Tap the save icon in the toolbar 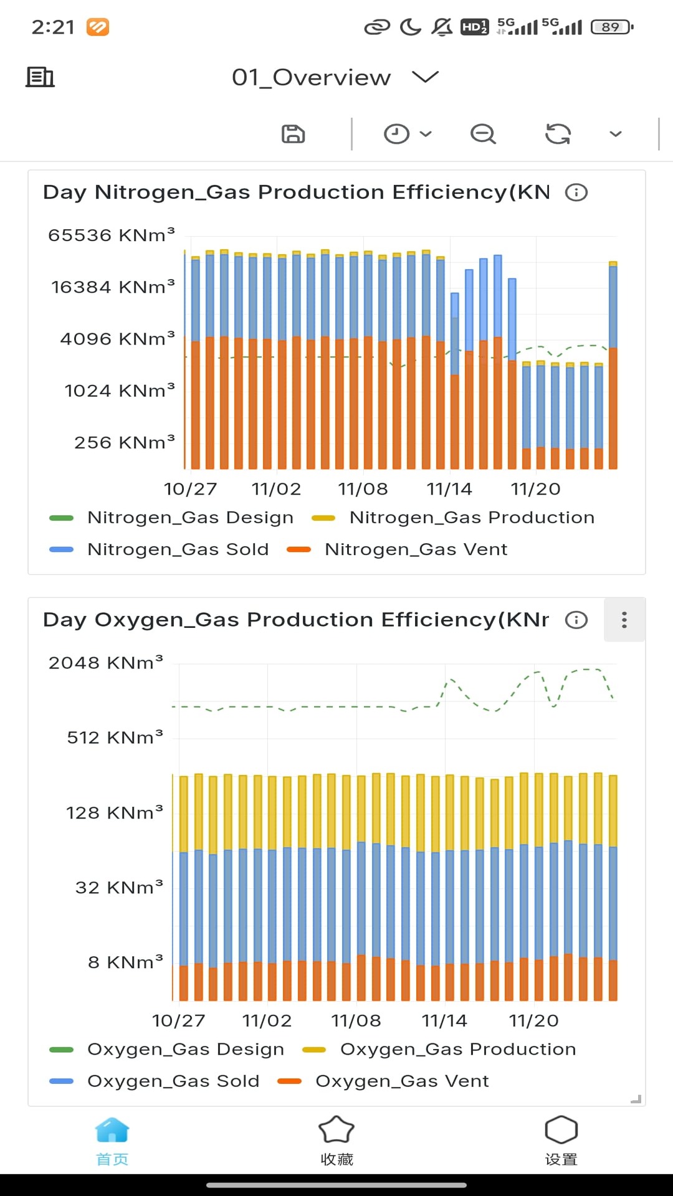[x=293, y=134]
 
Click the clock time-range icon [x=396, y=134]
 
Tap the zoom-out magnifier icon [x=483, y=134]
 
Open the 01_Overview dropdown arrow [x=426, y=77]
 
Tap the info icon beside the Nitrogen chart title [x=576, y=192]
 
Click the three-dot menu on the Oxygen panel [x=624, y=620]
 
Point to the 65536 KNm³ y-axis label [x=112, y=235]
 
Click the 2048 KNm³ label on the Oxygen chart [x=106, y=663]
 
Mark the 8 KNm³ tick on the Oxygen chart [x=125, y=962]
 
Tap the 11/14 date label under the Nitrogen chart [x=449, y=489]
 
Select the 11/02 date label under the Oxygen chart [x=267, y=1021]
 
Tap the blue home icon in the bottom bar [x=112, y=1131]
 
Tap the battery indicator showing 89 [x=612, y=27]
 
